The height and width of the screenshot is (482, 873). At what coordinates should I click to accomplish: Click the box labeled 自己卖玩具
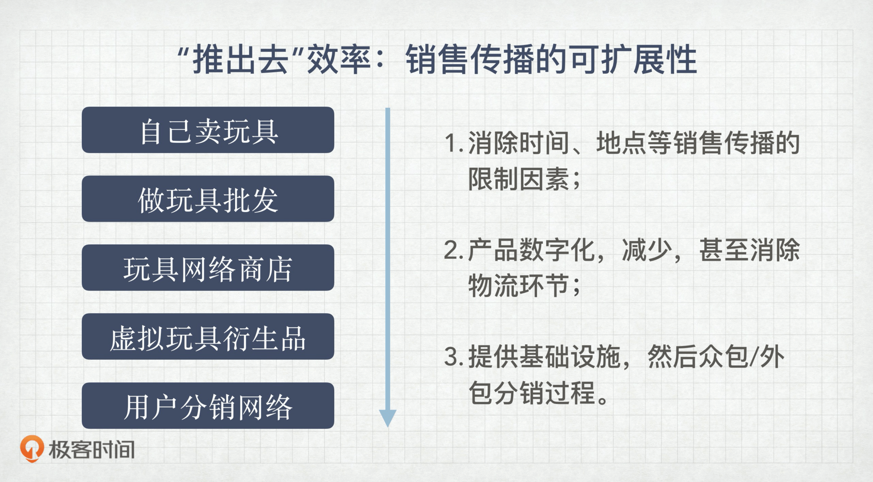coord(208,130)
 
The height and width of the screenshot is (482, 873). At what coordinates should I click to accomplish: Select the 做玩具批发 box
coord(208,199)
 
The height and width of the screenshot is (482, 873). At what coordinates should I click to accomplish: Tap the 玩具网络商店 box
coord(208,268)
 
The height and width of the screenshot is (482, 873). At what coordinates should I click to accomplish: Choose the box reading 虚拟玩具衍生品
coord(208,336)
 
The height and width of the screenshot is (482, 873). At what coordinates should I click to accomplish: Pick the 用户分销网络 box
coord(208,406)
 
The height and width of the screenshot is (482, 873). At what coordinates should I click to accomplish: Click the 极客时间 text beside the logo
coord(92,450)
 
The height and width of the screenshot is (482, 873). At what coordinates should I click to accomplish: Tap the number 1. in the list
coord(454,143)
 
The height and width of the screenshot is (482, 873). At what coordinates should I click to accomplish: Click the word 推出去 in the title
coord(241,60)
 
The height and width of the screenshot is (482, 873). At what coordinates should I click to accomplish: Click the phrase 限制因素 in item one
coord(519,179)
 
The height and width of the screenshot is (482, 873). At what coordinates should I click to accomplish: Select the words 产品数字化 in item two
coord(532,250)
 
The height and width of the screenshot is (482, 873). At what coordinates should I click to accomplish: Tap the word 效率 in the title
coord(339,60)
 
